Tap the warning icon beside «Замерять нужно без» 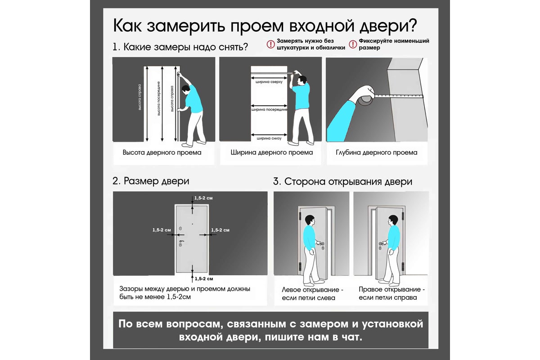[x=270, y=44]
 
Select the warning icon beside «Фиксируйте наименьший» [x=353, y=44]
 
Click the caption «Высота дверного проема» [x=162, y=153]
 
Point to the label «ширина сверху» [x=269, y=82]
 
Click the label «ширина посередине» [x=269, y=110]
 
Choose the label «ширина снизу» [x=269, y=139]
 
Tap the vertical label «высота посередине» [x=158, y=99]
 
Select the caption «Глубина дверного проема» [x=377, y=153]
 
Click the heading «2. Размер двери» [x=151, y=181]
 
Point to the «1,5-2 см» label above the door [x=203, y=198]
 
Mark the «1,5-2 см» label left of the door [x=162, y=230]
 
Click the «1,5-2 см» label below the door [x=204, y=279]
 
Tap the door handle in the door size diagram [x=181, y=242]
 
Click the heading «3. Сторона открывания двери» [x=342, y=181]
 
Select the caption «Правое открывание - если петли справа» [x=392, y=293]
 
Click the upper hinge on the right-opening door [x=403, y=216]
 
